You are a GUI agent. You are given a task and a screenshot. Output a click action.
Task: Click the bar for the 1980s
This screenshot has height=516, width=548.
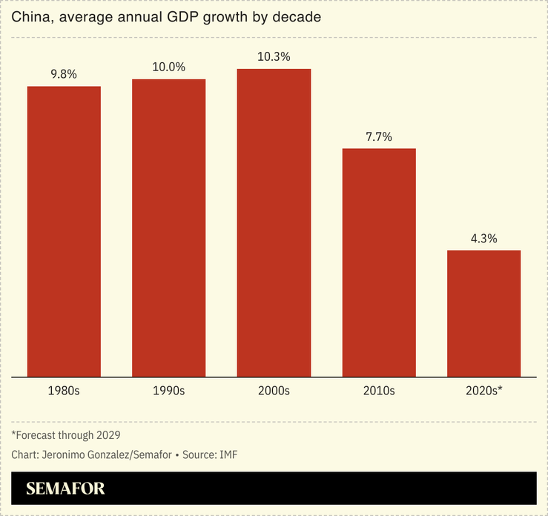click(x=64, y=231)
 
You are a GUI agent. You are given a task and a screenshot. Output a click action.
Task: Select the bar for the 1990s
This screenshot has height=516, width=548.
click(x=169, y=228)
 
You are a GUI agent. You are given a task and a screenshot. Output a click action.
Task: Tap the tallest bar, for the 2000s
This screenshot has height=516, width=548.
click(x=274, y=222)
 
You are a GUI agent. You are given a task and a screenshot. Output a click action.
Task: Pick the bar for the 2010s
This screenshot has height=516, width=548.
click(x=379, y=262)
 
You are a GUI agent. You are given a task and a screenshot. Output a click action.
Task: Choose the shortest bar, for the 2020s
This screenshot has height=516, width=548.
click(x=483, y=314)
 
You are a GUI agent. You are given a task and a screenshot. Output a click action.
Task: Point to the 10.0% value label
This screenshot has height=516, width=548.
click(x=169, y=66)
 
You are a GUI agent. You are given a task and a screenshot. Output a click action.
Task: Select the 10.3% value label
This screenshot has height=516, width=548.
click(x=274, y=56)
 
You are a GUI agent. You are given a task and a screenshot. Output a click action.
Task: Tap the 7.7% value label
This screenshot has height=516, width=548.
click(x=379, y=136)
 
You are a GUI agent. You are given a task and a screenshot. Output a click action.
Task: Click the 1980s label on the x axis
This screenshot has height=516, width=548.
click(x=64, y=390)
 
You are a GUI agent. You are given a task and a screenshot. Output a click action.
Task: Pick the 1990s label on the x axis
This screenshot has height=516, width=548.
click(x=169, y=390)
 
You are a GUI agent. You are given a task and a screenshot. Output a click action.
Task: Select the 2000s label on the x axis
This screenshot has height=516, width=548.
click(x=274, y=390)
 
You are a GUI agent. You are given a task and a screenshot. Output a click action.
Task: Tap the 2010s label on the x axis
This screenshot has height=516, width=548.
click(x=379, y=390)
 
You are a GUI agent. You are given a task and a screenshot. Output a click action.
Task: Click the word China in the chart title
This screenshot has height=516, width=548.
click(x=30, y=17)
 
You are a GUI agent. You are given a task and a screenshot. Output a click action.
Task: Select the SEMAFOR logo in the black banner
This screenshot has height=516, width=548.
click(x=65, y=489)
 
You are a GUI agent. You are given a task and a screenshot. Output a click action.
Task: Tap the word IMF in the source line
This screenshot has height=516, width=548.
click(x=227, y=454)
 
